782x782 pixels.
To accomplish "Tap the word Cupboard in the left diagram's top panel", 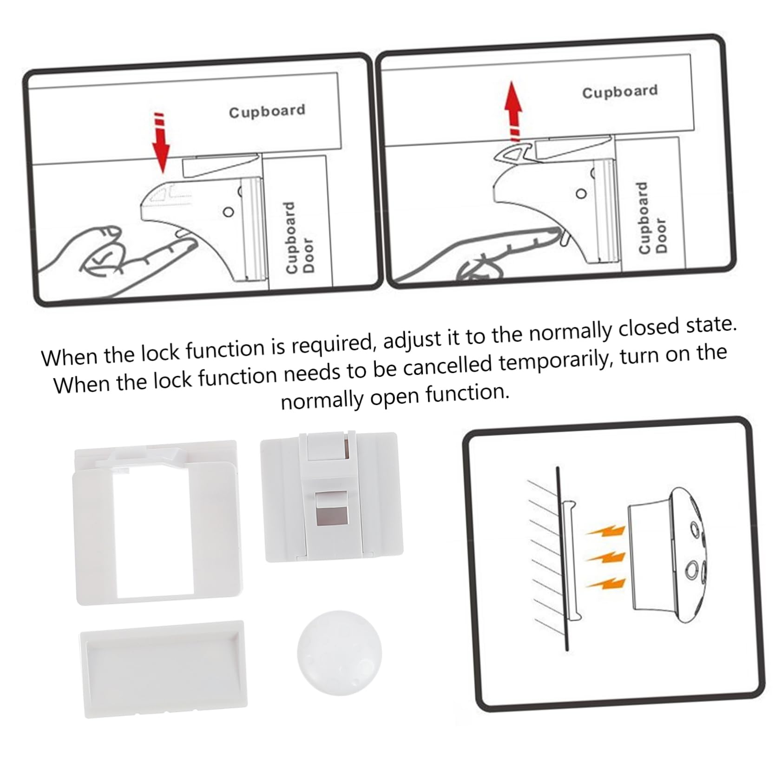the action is [x=267, y=111].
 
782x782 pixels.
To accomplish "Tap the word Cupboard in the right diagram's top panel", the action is [x=620, y=92].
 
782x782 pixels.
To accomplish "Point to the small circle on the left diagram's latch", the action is [x=228, y=212].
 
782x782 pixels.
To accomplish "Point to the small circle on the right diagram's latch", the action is [x=581, y=194].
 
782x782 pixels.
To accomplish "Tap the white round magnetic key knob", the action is [x=339, y=652].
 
